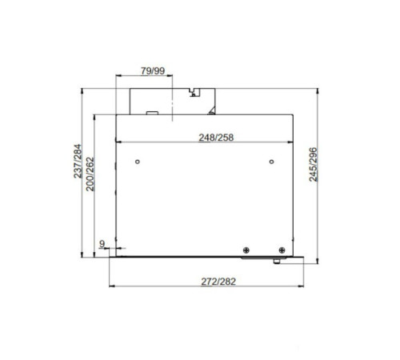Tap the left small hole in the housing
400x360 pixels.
138,162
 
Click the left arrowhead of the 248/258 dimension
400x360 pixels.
119,142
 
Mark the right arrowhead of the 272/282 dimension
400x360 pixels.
308,286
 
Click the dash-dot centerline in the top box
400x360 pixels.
172,100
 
